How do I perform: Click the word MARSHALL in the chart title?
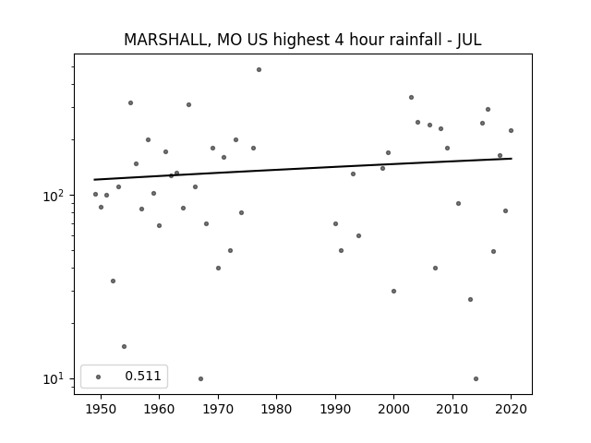pos(165,40)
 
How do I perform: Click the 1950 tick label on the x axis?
pos(101,409)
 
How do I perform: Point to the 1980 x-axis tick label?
pos(276,409)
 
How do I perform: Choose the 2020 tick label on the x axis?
pos(511,409)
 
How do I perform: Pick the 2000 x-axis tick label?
pos(393,409)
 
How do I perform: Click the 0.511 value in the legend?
pos(143,376)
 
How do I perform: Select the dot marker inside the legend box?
pos(99,377)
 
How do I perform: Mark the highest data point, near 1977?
pos(259,70)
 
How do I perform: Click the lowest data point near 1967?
pos(200,378)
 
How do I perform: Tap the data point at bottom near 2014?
pos(476,378)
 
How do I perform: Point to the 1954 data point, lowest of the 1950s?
pos(124,347)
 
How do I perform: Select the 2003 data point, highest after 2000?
pos(411,97)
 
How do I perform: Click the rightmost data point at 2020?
pos(511,130)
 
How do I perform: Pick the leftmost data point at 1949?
pos(95,195)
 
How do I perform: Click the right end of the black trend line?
pos(512,159)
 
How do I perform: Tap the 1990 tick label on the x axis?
pos(335,409)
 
